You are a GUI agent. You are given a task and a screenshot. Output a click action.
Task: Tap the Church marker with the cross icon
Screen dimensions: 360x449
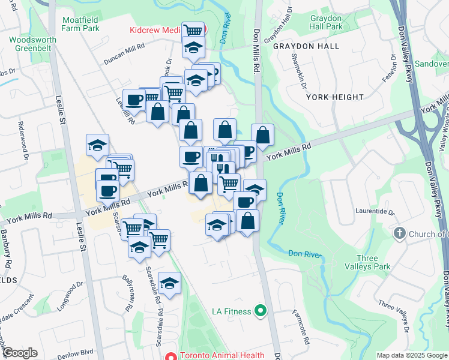[400, 233]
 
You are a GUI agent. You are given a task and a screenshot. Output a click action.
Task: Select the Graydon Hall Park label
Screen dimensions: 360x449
[326, 23]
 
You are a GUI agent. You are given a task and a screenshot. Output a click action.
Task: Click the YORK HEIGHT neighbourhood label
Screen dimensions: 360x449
[334, 97]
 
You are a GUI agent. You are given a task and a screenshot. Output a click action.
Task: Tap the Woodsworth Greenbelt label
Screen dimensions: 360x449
[31, 44]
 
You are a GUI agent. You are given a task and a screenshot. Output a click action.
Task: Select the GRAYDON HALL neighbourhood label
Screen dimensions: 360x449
[306, 46]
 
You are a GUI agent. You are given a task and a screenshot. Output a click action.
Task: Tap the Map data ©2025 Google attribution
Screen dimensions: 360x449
[412, 355]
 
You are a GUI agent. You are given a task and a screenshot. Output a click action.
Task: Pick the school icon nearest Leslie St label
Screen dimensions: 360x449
[97, 145]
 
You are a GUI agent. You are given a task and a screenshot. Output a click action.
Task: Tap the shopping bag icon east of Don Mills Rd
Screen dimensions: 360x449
[262, 134]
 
